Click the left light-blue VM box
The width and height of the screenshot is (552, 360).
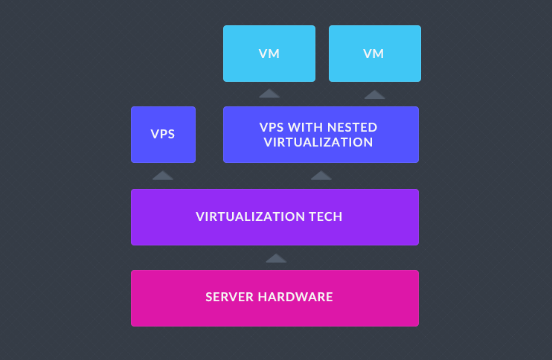269,54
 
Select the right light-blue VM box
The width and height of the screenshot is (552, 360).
375,54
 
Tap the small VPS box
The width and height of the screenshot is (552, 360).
164,135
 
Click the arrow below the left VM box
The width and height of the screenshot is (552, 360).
269,94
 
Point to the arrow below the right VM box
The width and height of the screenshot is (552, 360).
375,94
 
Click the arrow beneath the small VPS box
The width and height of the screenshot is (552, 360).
163,176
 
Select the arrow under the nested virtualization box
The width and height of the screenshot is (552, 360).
321,176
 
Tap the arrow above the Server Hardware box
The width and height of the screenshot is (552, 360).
276,258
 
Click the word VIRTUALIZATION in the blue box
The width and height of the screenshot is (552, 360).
318,142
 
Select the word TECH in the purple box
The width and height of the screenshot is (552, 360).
326,216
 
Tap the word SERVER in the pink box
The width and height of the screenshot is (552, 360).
230,297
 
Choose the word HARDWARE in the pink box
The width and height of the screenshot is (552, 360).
295,297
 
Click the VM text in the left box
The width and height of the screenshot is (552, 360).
269,54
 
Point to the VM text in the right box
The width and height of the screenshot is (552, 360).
373,54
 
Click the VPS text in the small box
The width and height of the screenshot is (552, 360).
163,134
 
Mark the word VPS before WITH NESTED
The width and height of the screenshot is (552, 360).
272,127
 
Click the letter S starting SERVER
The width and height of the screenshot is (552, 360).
209,297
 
